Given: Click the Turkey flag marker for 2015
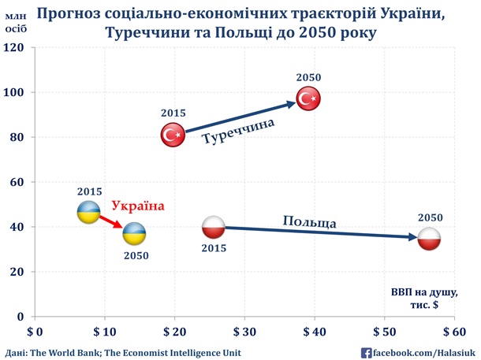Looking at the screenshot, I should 173,135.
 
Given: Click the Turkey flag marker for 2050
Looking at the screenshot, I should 307,98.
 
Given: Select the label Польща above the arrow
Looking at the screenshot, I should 310,221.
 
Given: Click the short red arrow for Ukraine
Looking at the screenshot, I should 112,222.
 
